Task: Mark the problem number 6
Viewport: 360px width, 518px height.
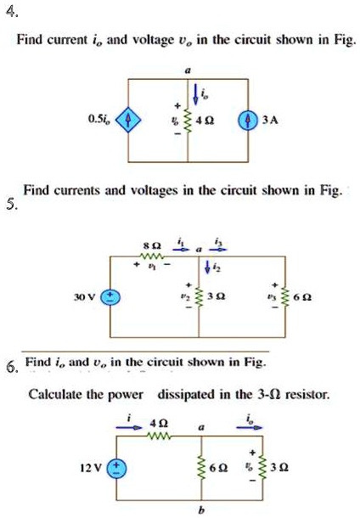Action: pos(10,367)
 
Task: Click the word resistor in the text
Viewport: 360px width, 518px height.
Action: pos(303,394)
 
